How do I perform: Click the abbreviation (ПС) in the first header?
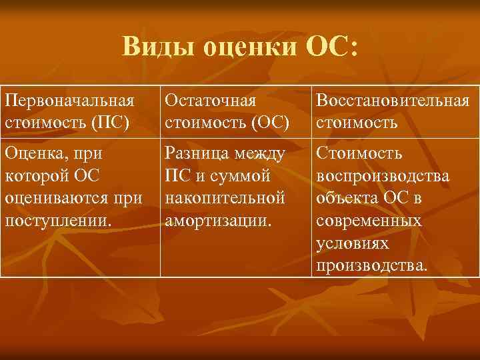click(x=110, y=123)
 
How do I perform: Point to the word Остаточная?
click(x=210, y=101)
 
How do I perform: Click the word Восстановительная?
click(x=393, y=101)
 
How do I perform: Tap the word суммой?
click(x=239, y=177)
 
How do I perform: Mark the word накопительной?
click(x=225, y=199)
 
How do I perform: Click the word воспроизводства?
click(x=383, y=177)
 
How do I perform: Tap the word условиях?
click(x=353, y=245)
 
